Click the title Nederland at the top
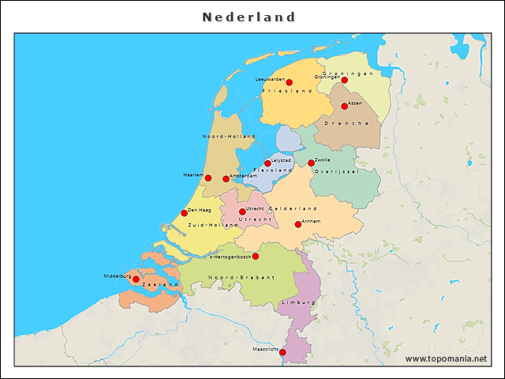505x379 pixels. point(249,17)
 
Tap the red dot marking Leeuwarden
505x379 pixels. point(289,82)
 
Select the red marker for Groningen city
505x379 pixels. point(344,80)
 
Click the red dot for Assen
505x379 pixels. point(344,106)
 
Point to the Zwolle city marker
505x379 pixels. point(311,163)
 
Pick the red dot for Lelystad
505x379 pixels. point(267,163)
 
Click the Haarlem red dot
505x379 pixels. point(208,178)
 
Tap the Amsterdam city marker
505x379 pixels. point(226,178)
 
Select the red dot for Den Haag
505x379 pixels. point(184,212)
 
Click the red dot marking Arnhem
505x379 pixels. point(297,224)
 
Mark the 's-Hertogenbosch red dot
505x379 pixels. point(255,256)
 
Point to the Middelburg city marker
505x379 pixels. point(136,279)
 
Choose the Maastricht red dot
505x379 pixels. point(282,352)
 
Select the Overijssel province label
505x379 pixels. point(336,171)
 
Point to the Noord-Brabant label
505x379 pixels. point(241,278)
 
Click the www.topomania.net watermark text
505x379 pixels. point(446,358)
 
